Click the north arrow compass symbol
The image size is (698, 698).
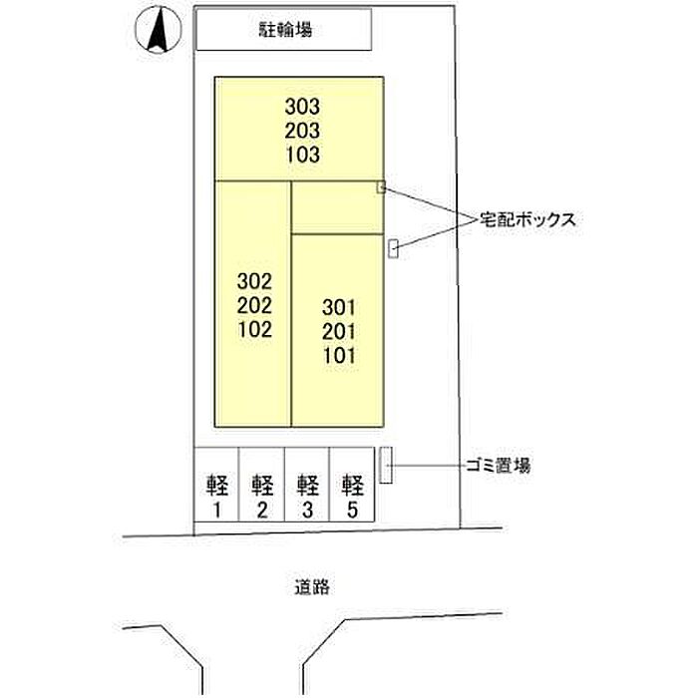tap(159, 30)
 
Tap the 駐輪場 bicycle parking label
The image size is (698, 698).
tap(285, 30)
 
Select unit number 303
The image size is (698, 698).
tap(302, 107)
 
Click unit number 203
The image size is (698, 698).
tap(302, 131)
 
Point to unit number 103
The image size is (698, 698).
tap(302, 155)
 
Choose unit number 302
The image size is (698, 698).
tap(254, 281)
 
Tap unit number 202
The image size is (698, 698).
tap(254, 305)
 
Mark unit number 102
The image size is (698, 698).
tap(254, 329)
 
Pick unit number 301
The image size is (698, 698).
tap(339, 307)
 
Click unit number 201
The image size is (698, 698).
tap(339, 332)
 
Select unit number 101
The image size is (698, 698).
tap(339, 356)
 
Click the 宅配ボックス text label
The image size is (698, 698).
tap(527, 219)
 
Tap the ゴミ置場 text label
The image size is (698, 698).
tap(499, 466)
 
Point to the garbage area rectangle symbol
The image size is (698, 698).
tap(386, 465)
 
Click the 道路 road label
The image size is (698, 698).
tap(312, 587)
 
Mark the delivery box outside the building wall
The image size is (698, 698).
tap(393, 248)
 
